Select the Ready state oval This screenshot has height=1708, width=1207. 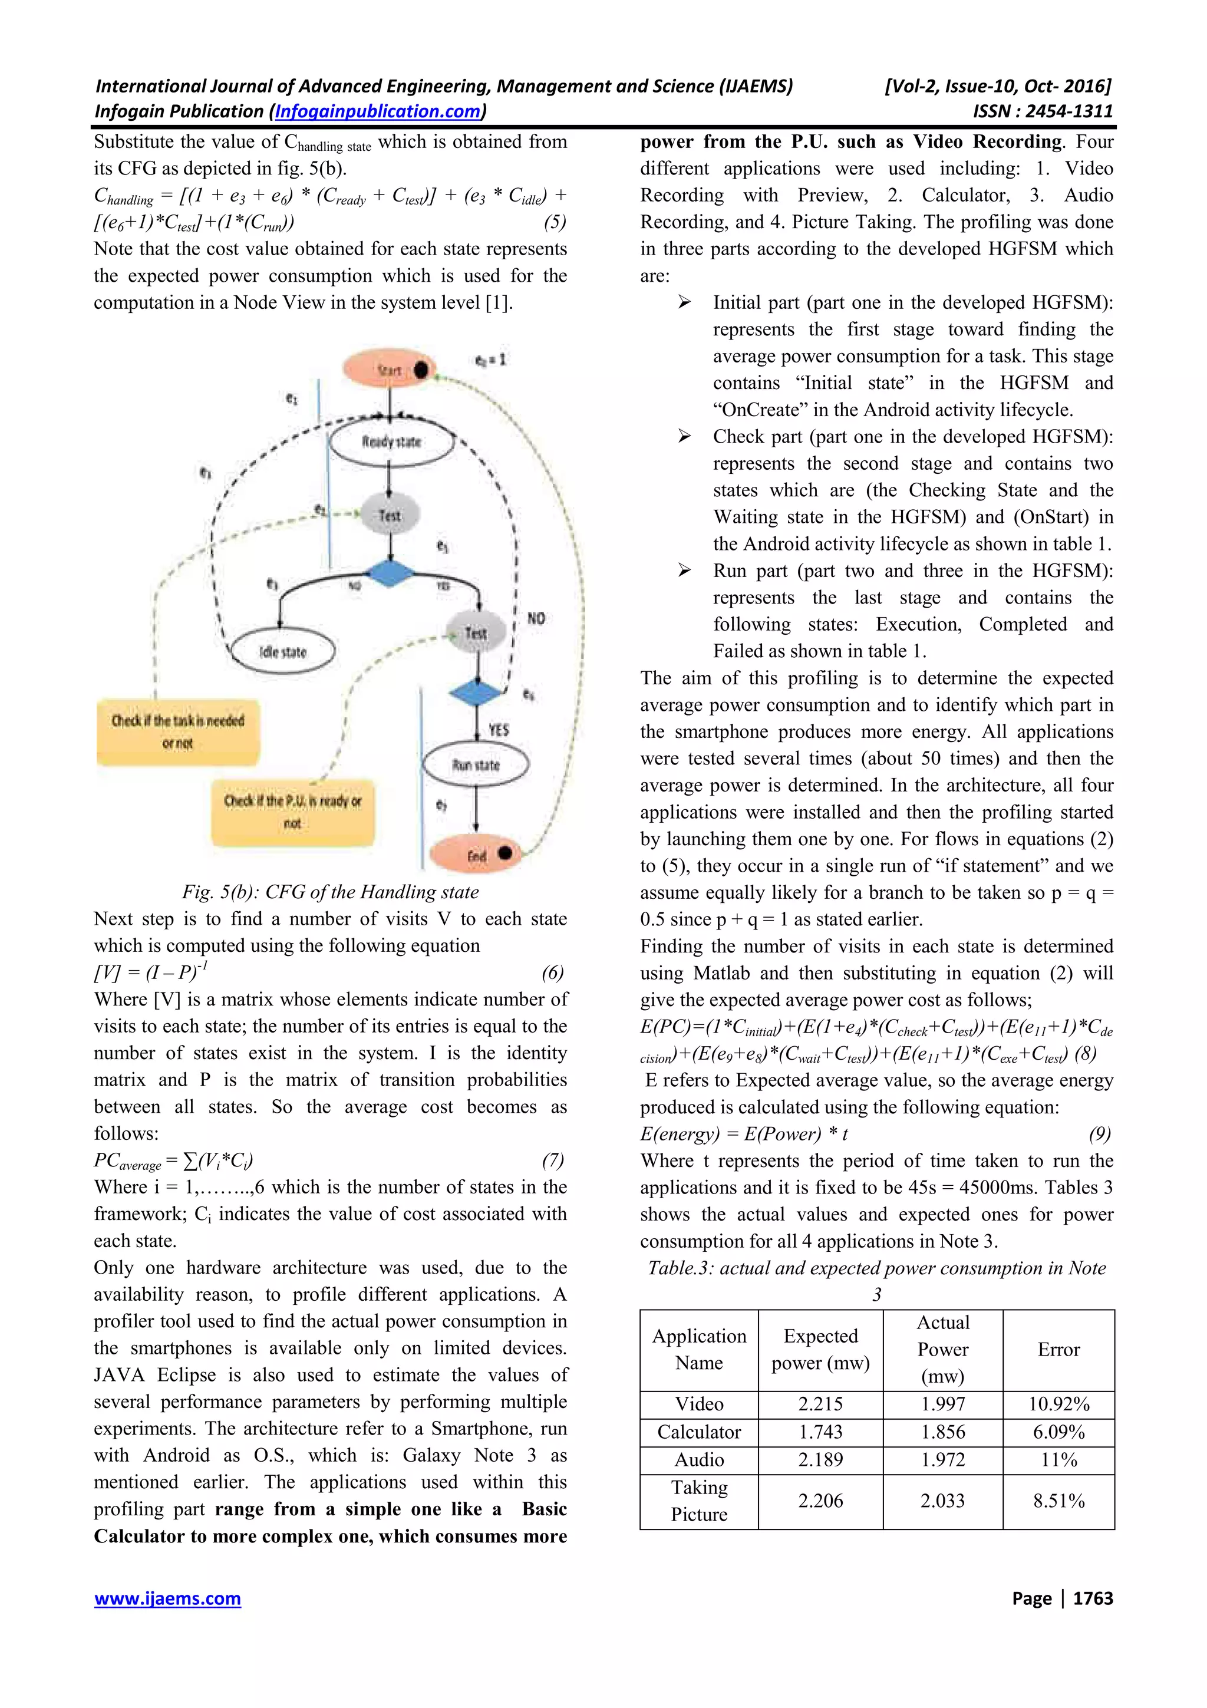pyautogui.click(x=391, y=442)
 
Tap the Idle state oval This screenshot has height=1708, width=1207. pyautogui.click(x=283, y=652)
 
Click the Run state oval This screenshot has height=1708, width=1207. pyautogui.click(x=475, y=765)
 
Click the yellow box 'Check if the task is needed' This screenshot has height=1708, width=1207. pyautogui.click(x=178, y=732)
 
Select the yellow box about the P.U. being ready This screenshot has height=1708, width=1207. pyautogui.click(x=292, y=812)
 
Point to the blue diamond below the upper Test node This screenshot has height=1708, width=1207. pyautogui.click(x=390, y=573)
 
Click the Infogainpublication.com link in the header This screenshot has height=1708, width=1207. pyautogui.click(x=378, y=111)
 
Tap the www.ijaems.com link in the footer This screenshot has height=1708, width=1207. pyautogui.click(x=167, y=1598)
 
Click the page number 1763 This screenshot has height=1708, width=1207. pyautogui.click(x=1093, y=1598)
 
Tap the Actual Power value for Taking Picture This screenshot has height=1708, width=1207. pyautogui.click(x=942, y=1501)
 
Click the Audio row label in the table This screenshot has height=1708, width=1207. pyautogui.click(x=698, y=1459)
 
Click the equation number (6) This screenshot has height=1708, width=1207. pyautogui.click(x=553, y=972)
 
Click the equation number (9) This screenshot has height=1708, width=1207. pyautogui.click(x=1099, y=1134)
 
